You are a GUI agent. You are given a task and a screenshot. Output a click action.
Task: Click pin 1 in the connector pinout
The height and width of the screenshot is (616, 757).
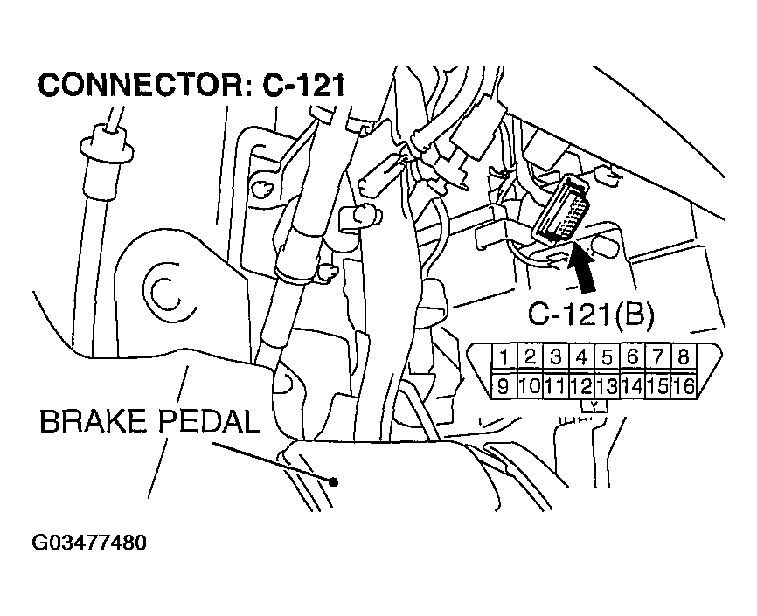504,357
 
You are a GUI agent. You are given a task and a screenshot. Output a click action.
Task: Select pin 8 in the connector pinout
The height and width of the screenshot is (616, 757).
683,357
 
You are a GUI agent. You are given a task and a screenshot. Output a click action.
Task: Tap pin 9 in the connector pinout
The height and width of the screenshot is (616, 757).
504,384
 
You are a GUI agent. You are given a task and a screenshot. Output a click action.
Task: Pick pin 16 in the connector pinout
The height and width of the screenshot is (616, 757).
684,384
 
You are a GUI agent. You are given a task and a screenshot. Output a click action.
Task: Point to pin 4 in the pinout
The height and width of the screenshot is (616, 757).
580,357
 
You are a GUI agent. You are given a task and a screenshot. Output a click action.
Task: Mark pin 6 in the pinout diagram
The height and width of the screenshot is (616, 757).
632,357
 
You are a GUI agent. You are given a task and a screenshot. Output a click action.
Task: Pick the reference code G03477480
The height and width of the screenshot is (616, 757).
89,543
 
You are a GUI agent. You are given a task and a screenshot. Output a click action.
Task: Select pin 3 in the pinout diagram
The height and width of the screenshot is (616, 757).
555,357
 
